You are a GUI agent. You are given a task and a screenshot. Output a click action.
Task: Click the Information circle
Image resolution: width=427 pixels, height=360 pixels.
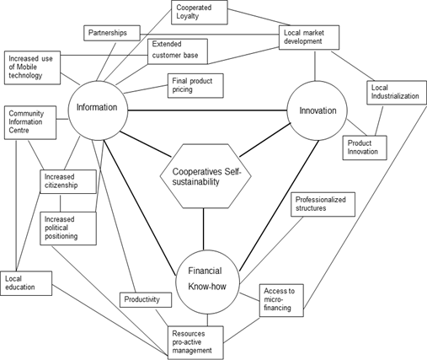[98, 110]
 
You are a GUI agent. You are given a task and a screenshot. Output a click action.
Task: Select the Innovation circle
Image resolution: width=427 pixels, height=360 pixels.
[318, 110]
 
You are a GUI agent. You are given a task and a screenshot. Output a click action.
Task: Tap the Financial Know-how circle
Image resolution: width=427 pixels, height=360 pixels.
[207, 282]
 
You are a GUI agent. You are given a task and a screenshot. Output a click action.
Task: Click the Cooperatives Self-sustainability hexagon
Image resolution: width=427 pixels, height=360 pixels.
[205, 176]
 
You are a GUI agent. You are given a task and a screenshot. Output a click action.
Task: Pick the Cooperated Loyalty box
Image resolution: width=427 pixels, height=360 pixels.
[200, 13]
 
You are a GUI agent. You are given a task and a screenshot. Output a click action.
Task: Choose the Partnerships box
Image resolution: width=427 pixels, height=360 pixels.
[112, 33]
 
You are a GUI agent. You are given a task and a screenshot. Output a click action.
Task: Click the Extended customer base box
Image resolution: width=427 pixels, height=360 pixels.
[178, 51]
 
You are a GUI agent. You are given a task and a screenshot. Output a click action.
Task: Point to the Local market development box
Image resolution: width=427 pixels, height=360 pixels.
[309, 37]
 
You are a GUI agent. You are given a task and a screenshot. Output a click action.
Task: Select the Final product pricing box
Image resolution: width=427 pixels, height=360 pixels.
[195, 86]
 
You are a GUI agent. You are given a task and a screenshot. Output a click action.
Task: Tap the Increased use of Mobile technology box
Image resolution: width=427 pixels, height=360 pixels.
[32, 67]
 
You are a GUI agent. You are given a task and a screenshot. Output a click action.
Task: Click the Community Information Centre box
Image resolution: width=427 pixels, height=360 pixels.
[30, 122]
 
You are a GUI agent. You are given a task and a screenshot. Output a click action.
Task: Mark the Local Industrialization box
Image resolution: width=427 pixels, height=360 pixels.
[397, 93]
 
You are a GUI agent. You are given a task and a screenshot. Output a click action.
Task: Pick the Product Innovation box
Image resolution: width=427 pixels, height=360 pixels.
[365, 148]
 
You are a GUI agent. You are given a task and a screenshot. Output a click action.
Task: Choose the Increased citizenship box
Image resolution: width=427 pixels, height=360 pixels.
[68, 181]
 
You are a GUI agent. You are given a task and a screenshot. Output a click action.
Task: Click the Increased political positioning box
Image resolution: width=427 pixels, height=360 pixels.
[68, 228]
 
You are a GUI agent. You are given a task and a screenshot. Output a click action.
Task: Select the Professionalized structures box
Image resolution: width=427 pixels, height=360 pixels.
[323, 204]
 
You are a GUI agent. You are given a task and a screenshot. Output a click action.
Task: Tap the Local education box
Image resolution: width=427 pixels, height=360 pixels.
[26, 283]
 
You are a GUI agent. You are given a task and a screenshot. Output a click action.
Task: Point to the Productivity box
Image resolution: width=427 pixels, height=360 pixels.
[146, 300]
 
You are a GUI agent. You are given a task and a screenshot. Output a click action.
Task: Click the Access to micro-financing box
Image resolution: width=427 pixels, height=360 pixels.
[281, 300]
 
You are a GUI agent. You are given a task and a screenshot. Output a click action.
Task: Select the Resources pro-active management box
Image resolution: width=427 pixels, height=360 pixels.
[195, 343]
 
